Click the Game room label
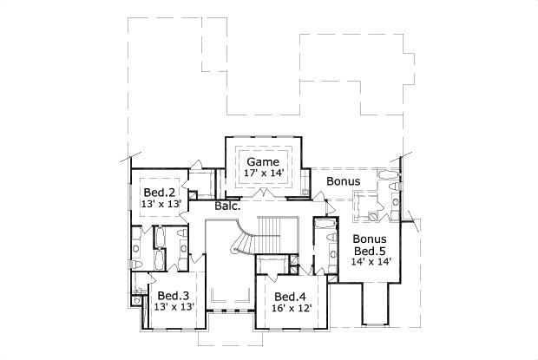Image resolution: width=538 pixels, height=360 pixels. click(x=262, y=162)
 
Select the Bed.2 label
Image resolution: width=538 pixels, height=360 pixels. click(x=160, y=192)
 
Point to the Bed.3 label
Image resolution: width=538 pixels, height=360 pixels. click(x=173, y=295)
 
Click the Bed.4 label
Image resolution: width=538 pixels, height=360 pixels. click(x=291, y=296)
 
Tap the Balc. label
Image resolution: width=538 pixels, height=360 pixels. click(x=227, y=206)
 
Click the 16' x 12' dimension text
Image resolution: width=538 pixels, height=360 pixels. click(x=291, y=307)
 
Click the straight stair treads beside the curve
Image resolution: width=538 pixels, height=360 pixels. click(x=272, y=231)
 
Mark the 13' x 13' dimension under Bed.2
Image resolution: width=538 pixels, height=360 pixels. click(x=160, y=203)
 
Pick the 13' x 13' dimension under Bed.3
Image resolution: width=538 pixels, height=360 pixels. click(x=172, y=306)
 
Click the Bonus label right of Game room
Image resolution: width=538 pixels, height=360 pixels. click(x=343, y=181)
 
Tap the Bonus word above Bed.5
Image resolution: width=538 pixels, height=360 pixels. click(x=369, y=239)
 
